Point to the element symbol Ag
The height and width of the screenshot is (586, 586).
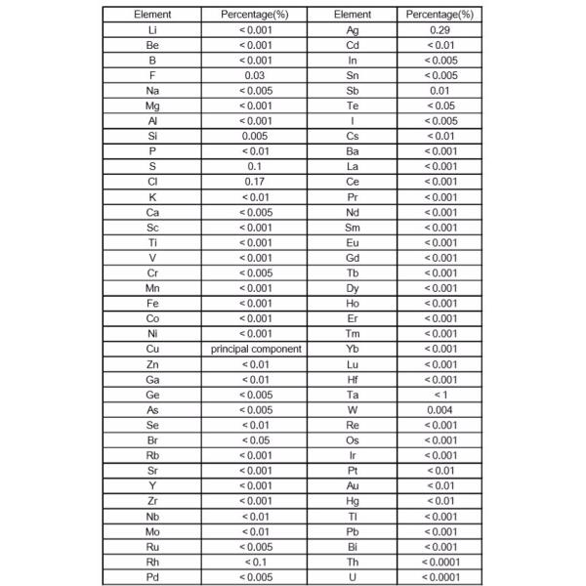[x=352, y=31]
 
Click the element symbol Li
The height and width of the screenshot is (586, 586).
[x=151, y=31]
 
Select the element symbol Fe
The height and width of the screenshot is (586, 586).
[x=151, y=303]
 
